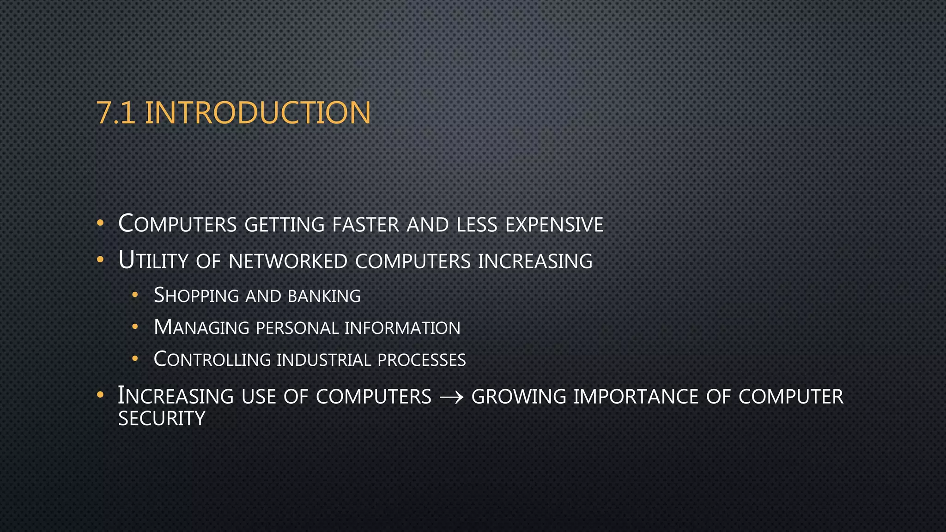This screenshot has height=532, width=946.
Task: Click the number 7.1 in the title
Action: (116, 113)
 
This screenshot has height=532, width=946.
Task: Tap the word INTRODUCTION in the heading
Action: (258, 113)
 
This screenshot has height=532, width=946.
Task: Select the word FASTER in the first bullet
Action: (365, 225)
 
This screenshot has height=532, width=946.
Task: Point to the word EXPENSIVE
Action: (554, 225)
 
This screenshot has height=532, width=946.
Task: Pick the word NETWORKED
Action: (288, 261)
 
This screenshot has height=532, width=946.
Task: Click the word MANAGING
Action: (201, 328)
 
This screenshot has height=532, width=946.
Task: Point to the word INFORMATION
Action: (402, 328)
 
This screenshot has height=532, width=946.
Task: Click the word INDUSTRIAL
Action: (324, 360)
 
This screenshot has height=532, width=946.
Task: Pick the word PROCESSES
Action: (421, 360)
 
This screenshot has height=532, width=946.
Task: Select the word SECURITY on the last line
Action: (162, 419)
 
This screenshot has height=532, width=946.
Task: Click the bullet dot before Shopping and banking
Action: (135, 295)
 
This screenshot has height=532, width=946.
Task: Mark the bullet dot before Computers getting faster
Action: (100, 224)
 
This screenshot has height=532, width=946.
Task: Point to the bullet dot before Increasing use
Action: (100, 395)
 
